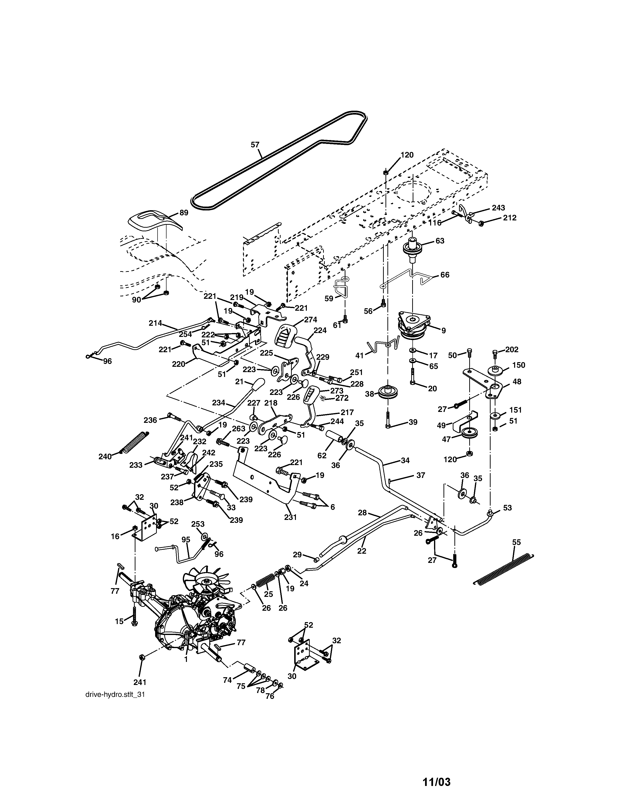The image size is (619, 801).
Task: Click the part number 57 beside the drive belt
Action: (255, 145)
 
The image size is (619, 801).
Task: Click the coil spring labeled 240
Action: (134, 443)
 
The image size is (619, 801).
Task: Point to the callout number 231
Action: (290, 517)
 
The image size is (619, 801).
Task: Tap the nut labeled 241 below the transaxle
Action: (142, 657)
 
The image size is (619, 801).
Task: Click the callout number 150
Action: (519, 365)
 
